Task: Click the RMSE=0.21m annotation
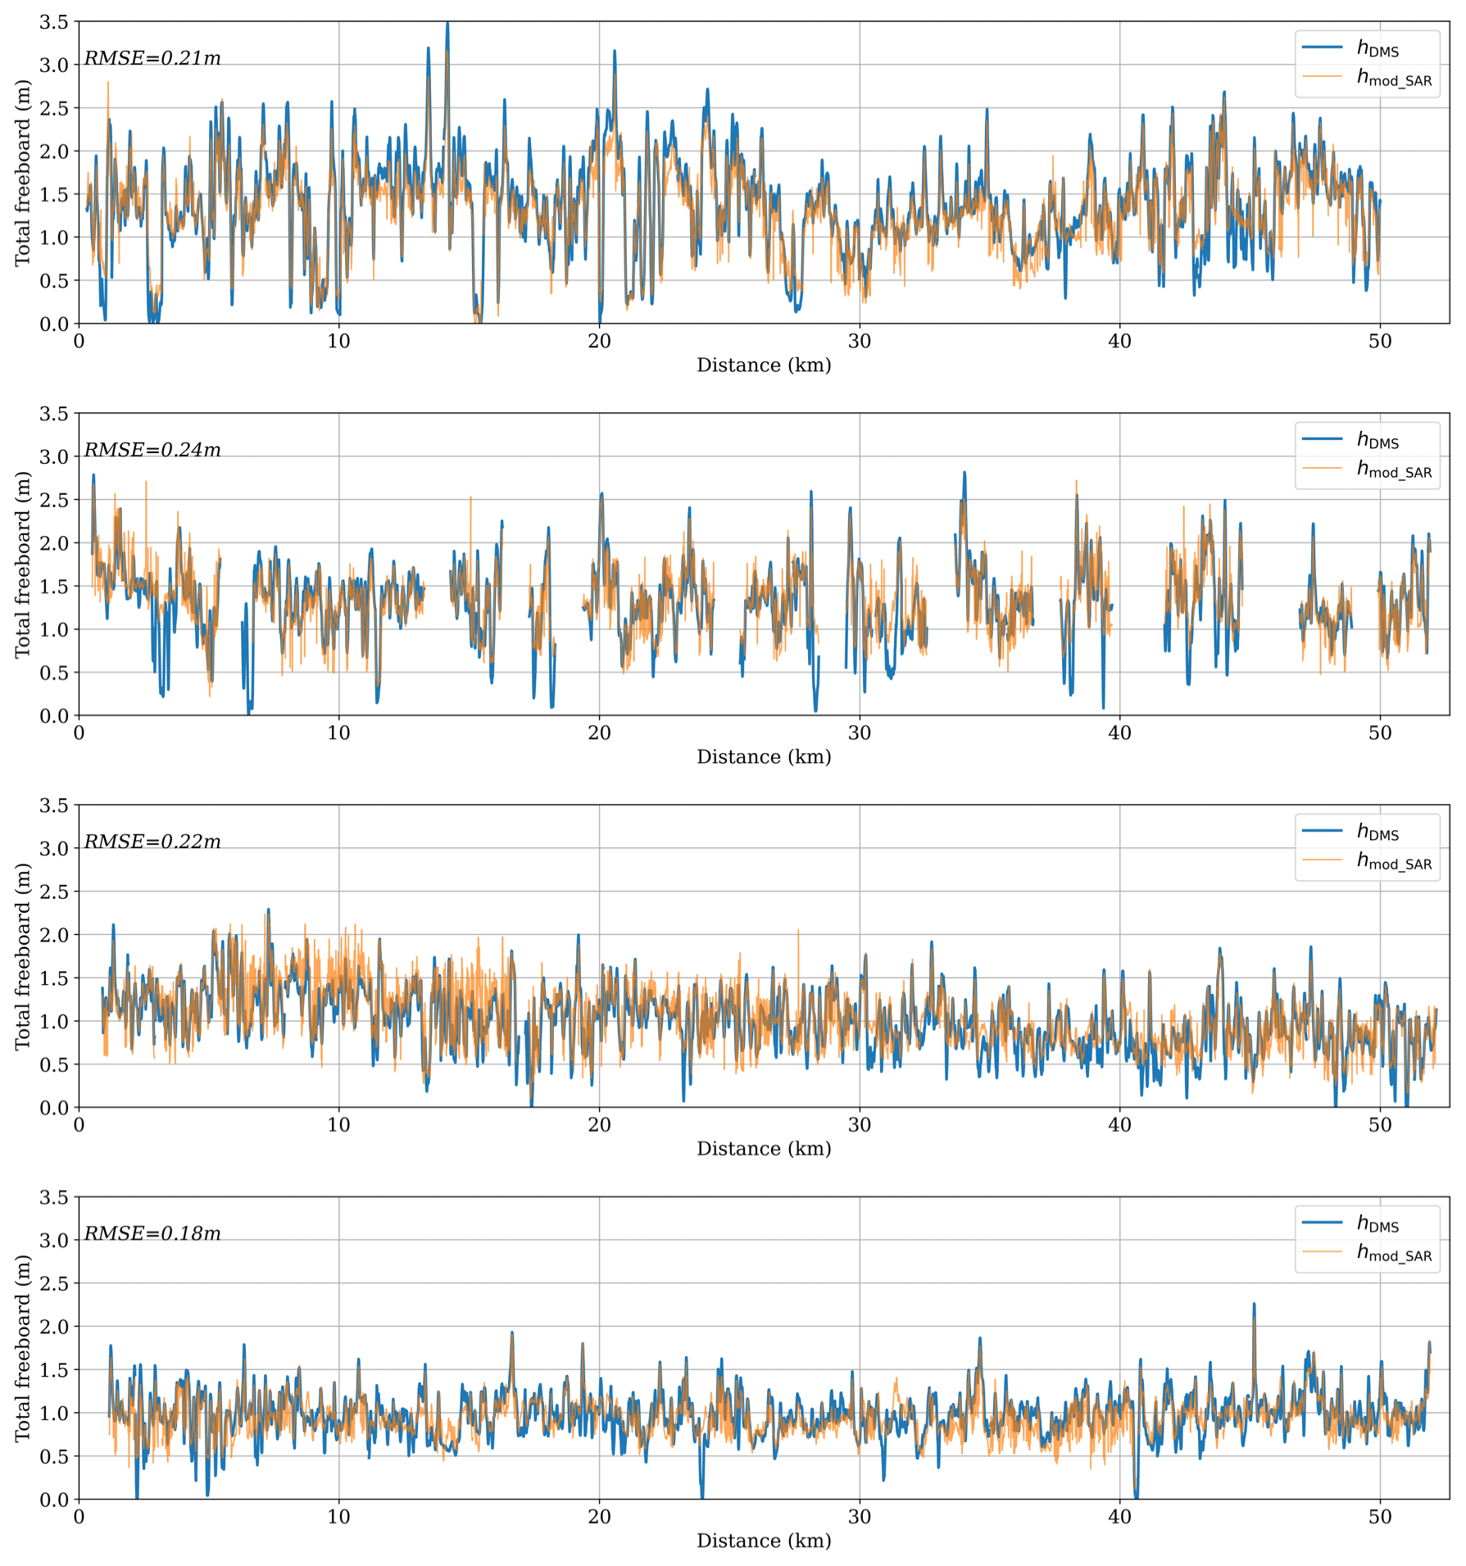click(152, 59)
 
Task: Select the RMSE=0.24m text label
click(152, 451)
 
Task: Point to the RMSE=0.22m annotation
click(152, 842)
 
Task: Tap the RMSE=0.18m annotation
click(152, 1234)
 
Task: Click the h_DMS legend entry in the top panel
click(1377, 48)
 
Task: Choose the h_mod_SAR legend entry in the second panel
click(1394, 470)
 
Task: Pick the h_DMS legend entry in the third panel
click(1377, 832)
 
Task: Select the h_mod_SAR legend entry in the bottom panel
click(1394, 1253)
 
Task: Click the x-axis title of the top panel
click(764, 365)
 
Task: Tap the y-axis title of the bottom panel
click(22, 1348)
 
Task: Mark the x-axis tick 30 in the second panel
click(860, 733)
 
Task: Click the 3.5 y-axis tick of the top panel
click(54, 22)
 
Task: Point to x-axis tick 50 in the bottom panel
click(1380, 1517)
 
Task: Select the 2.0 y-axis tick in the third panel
click(54, 935)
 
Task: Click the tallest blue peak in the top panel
click(447, 24)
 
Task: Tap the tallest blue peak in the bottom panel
click(1254, 1305)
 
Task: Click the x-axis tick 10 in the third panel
click(338, 1125)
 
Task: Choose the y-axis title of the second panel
click(22, 565)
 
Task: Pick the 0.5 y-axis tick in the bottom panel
click(54, 1456)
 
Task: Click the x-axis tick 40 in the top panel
click(1119, 342)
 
